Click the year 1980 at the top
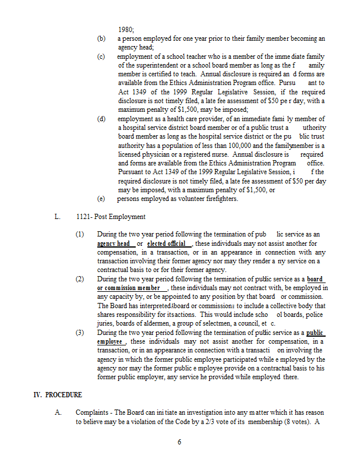[125, 29]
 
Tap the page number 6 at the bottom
[179, 442]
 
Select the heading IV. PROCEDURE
[58, 395]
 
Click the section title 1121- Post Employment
[111, 217]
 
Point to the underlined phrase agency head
[114, 243]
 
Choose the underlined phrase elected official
[167, 243]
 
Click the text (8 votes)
[299, 421]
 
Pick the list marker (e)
[101, 199]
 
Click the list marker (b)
[101, 38]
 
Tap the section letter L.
[57, 217]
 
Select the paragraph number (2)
[80, 279]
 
